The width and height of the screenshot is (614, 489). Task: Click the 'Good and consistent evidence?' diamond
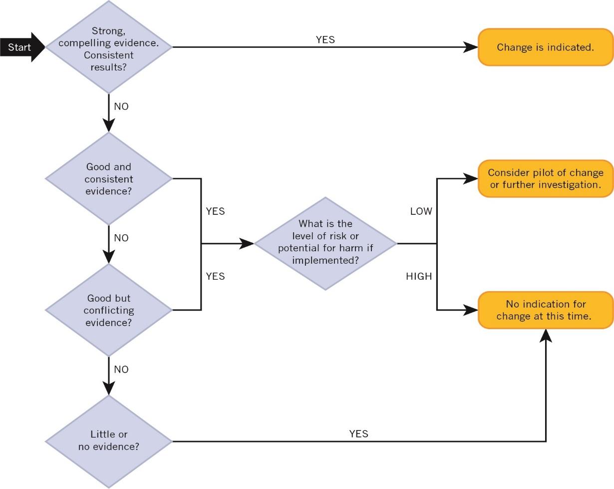[108, 179]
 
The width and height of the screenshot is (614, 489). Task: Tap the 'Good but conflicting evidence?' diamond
[108, 310]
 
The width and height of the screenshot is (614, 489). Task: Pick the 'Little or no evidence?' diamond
[108, 441]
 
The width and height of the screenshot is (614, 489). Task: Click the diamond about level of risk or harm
[325, 243]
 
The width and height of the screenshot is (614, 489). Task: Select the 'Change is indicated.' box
[545, 47]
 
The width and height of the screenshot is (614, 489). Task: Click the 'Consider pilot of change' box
[545, 179]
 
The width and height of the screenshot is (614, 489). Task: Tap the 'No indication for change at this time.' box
[545, 310]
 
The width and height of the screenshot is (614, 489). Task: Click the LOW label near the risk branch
[421, 211]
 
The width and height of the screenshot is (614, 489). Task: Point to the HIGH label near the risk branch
[419, 276]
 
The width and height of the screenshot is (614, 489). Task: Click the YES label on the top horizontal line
[325, 39]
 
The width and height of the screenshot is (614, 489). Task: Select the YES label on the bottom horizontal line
[358, 434]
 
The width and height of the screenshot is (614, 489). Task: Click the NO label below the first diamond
[121, 106]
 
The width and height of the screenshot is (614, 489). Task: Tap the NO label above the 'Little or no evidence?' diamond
[121, 369]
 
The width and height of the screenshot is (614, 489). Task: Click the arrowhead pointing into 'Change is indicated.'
[471, 47]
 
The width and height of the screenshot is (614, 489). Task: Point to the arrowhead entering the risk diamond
[247, 243]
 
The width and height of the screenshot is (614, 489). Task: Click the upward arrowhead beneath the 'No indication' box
[546, 336]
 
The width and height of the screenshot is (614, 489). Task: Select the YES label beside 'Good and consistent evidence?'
[215, 211]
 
